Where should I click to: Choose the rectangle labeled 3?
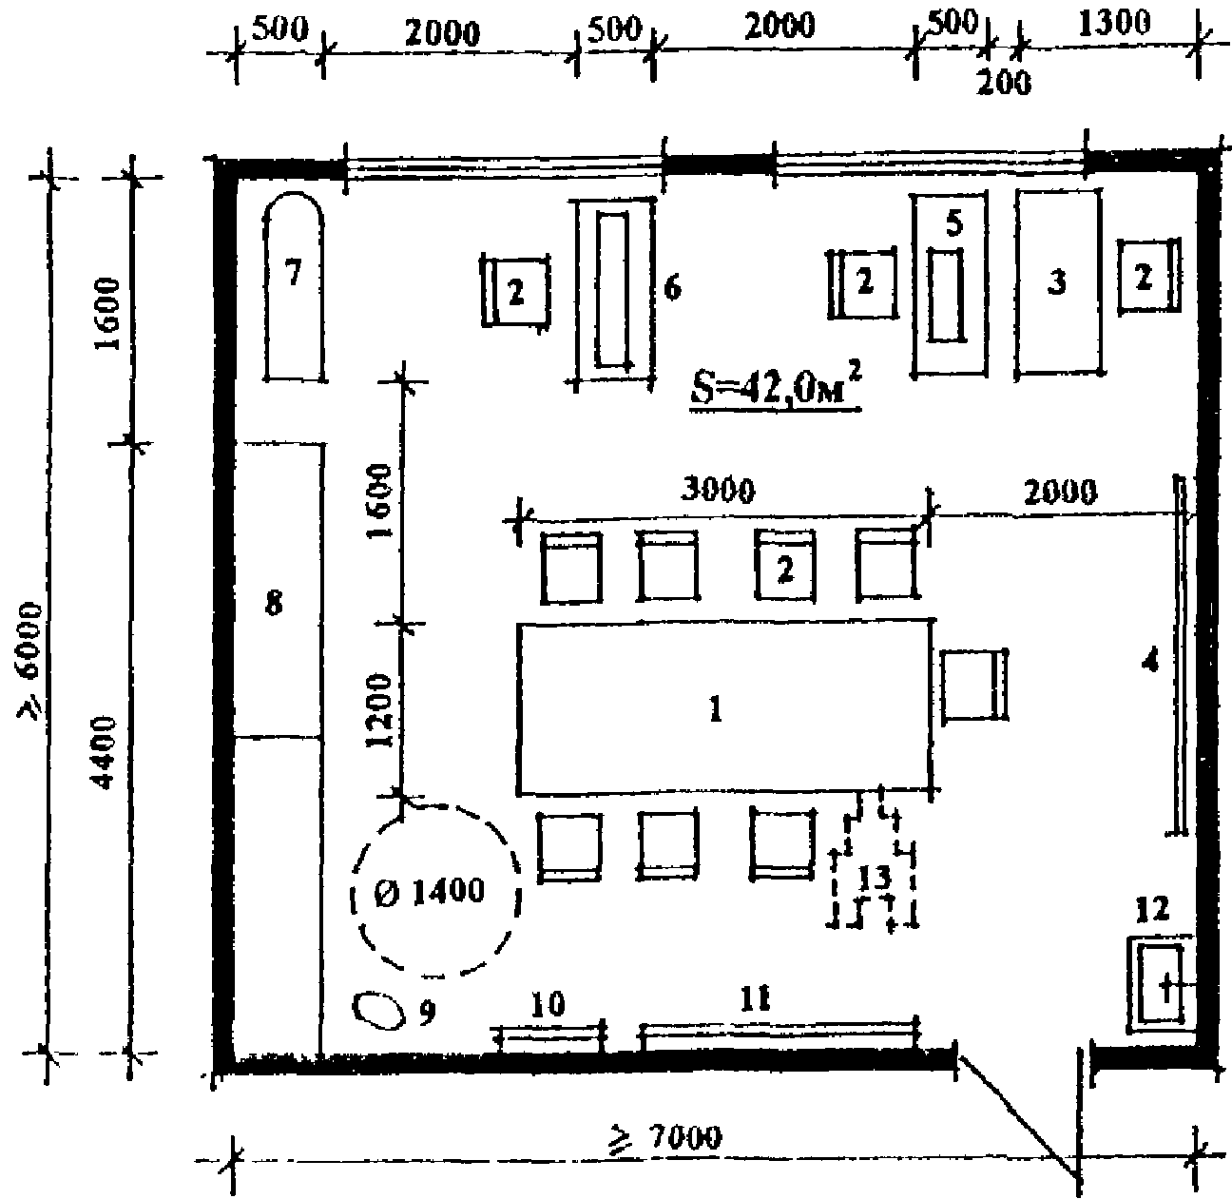pyautogui.click(x=1059, y=282)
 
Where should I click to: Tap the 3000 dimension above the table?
pyautogui.click(x=719, y=491)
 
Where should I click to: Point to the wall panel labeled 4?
pyautogui.click(x=1180, y=655)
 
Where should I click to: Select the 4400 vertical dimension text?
pyautogui.click(x=105, y=752)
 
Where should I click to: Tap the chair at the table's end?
pyautogui.click(x=973, y=685)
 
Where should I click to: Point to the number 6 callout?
pyautogui.click(x=672, y=289)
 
